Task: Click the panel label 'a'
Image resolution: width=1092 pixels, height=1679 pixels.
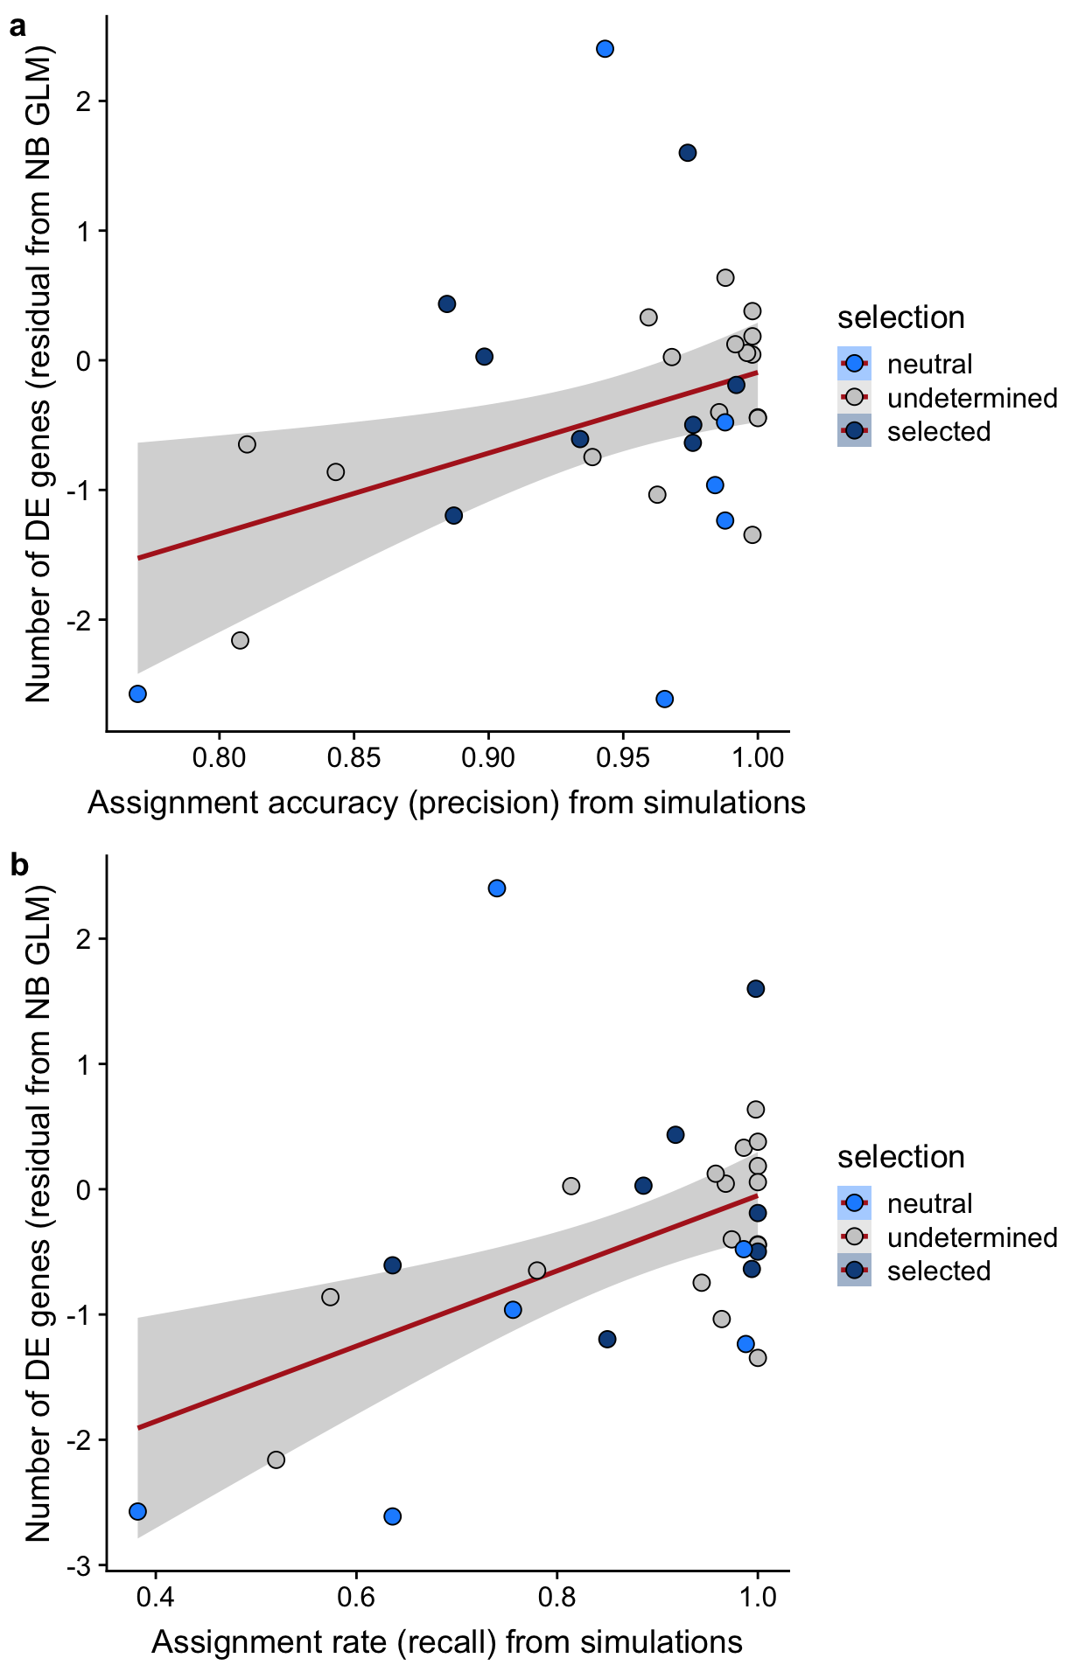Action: click(x=17, y=28)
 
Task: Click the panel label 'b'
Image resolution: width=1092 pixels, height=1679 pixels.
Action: click(x=18, y=866)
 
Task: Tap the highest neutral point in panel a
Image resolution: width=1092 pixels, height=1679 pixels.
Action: click(x=605, y=49)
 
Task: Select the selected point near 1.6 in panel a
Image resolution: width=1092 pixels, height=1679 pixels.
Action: click(x=688, y=153)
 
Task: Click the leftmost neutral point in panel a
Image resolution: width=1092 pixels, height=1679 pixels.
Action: click(x=137, y=693)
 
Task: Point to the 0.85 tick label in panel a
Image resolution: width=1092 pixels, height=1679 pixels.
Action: click(x=353, y=758)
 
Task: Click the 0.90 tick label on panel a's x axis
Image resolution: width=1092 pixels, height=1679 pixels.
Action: click(x=488, y=758)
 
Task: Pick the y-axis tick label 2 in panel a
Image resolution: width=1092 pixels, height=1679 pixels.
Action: click(x=84, y=101)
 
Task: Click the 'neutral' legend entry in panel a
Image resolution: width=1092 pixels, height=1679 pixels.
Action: click(x=929, y=364)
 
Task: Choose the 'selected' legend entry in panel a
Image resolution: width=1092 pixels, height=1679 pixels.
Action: click(x=938, y=431)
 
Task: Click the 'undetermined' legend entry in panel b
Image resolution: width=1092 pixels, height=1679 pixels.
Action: click(x=971, y=1237)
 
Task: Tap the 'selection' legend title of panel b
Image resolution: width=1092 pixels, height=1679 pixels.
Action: click(x=900, y=1157)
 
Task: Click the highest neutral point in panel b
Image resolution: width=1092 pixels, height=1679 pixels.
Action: click(x=497, y=888)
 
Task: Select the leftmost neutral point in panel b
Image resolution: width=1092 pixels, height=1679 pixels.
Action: click(x=137, y=1511)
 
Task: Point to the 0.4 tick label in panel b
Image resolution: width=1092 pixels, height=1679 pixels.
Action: click(x=155, y=1598)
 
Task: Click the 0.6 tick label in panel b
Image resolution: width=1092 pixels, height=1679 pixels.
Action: click(x=356, y=1598)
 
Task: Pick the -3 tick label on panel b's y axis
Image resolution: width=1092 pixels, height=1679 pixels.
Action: click(x=79, y=1565)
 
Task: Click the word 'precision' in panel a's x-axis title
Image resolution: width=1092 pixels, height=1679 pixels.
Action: click(x=483, y=803)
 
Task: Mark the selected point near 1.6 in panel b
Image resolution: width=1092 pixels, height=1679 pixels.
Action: click(x=756, y=989)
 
